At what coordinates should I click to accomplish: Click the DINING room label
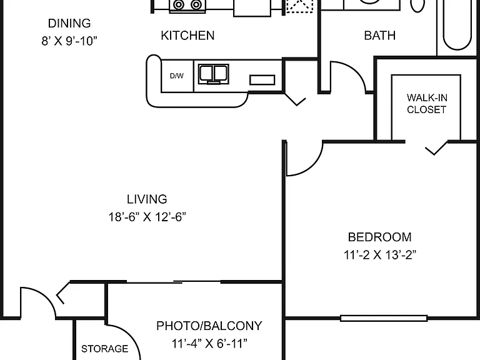click(x=69, y=23)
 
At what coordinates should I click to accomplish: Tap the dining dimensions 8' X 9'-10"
click(x=69, y=41)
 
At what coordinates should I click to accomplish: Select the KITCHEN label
click(x=187, y=36)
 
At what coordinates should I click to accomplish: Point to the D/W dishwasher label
click(x=177, y=76)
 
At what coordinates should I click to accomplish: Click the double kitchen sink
click(x=213, y=74)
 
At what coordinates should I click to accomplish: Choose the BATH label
click(x=379, y=36)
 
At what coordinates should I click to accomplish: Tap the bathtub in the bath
click(x=457, y=25)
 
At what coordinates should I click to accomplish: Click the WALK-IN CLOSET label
click(x=427, y=104)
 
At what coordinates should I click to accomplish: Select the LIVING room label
click(x=147, y=199)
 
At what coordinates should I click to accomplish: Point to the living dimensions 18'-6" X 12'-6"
click(x=147, y=217)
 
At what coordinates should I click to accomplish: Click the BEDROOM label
click(x=379, y=237)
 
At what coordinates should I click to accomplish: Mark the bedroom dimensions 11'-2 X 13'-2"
click(x=380, y=255)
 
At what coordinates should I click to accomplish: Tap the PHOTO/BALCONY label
click(x=209, y=326)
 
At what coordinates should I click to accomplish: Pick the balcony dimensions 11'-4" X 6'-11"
click(x=209, y=344)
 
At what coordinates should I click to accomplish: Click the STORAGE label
click(x=104, y=349)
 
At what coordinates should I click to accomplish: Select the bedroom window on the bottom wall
click(x=384, y=318)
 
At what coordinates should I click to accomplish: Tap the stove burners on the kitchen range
click(x=187, y=4)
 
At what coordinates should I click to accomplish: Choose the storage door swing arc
click(x=132, y=337)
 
